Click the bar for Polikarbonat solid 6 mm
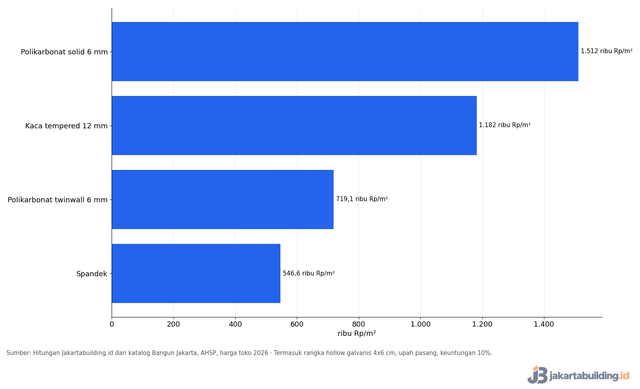click(345, 52)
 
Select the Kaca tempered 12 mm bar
click(294, 126)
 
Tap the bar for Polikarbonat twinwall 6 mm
click(223, 199)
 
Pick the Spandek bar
click(196, 273)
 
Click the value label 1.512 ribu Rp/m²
click(606, 51)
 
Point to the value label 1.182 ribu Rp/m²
click(504, 125)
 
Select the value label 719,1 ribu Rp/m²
click(362, 199)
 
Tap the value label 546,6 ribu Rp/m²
click(308, 273)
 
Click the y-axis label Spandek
click(92, 274)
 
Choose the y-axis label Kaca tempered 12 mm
click(66, 126)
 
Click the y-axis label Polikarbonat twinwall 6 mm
click(58, 200)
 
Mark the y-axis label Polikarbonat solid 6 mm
click(64, 52)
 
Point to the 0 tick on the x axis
click(112, 324)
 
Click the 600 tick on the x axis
click(297, 324)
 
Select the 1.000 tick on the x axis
click(420, 324)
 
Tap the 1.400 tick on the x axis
click(544, 324)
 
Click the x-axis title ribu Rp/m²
click(356, 333)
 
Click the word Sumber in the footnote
click(18, 353)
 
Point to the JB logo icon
click(538, 375)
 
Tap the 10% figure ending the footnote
click(484, 353)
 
